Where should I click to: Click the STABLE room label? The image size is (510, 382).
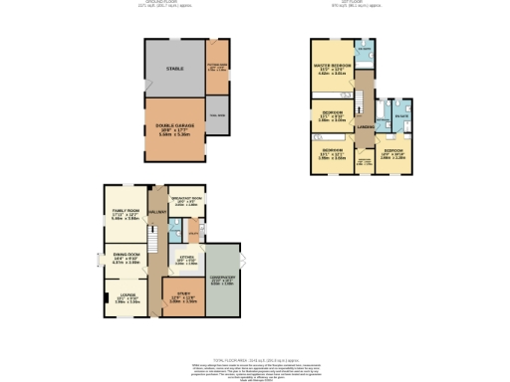175,69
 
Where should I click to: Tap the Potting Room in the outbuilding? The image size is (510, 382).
217,68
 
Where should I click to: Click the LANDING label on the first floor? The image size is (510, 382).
367,125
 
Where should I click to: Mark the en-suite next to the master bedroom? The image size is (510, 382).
365,50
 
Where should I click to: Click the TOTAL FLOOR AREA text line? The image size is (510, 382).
255,361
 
